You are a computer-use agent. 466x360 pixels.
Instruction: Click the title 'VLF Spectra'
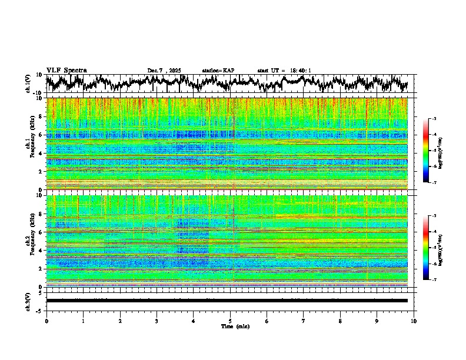(x=66, y=70)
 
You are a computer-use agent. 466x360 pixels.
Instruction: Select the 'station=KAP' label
(x=218, y=71)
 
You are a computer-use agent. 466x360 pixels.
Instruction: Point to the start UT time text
(x=284, y=71)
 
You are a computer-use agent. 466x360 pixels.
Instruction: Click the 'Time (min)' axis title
(x=230, y=326)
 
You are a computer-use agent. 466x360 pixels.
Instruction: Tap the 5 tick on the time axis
(x=230, y=321)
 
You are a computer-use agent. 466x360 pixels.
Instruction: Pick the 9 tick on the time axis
(x=377, y=321)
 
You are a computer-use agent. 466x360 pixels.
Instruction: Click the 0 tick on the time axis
(x=46, y=321)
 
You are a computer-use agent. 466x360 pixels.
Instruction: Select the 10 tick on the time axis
(x=414, y=321)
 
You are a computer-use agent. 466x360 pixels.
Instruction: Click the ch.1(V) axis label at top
(x=29, y=84)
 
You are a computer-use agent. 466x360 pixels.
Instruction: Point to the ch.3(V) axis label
(x=29, y=301)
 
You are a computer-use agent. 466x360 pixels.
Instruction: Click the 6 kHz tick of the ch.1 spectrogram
(x=42, y=135)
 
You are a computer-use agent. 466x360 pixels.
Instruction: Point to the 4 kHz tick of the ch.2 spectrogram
(x=42, y=250)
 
